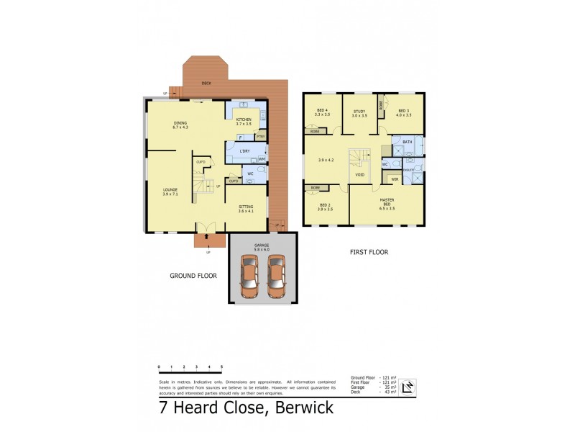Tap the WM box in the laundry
[252, 158]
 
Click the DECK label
[206, 83]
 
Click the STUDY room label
[359, 111]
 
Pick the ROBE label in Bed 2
[316, 188]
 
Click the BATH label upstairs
[406, 143]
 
